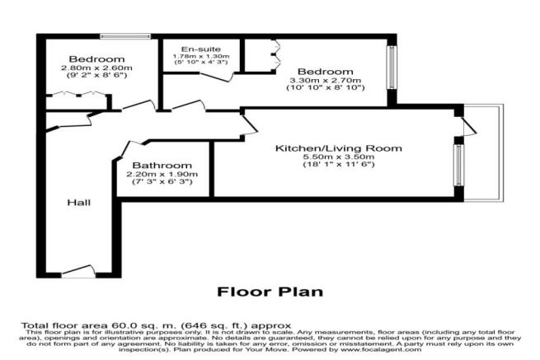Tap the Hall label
coord(79,203)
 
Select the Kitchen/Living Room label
coord(338,148)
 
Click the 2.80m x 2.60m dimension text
coord(96,69)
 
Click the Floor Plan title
coord(270,291)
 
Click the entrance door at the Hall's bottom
coord(78,271)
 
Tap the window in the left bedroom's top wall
coord(112,36)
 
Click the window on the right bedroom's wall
coord(392,69)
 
